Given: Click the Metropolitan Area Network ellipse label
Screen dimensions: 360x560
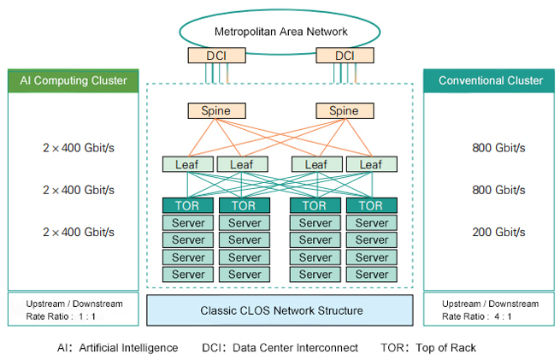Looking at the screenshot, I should [x=280, y=32].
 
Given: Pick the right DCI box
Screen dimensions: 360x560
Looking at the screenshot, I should [x=344, y=56].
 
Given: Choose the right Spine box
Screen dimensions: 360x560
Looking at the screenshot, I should [x=344, y=111].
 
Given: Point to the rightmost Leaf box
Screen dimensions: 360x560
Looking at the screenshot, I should [x=371, y=164].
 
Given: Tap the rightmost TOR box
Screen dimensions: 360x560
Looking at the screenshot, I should [x=371, y=205].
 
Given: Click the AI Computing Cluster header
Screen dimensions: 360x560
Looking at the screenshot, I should [x=74, y=81].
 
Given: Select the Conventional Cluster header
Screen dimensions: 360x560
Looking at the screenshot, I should [x=490, y=81].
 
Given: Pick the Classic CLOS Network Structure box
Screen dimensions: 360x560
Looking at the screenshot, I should [x=280, y=310].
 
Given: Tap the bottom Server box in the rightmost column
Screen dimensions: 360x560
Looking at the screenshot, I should [x=371, y=274].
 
